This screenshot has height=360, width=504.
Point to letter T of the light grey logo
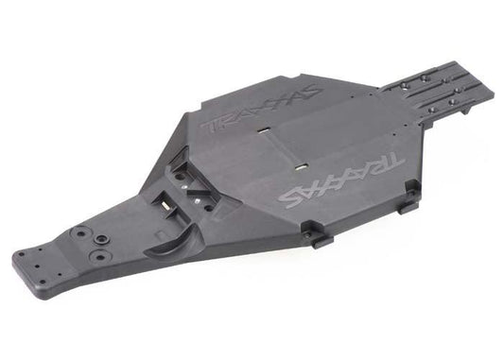[x=391, y=162]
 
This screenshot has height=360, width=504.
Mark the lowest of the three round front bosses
[x=97, y=255]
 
